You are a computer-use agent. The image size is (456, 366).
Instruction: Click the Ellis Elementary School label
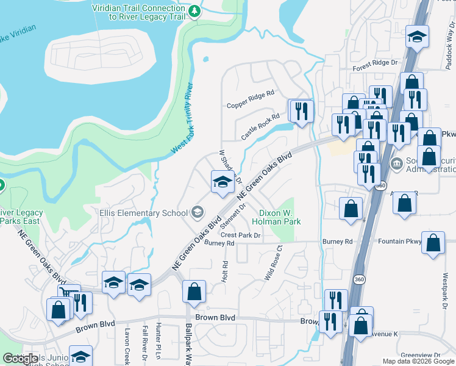(x=144, y=213)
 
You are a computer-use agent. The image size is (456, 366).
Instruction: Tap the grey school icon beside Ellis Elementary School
(x=197, y=212)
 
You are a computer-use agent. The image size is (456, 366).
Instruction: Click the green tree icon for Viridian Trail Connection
(x=194, y=11)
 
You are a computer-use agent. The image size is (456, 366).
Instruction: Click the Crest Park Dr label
(x=240, y=235)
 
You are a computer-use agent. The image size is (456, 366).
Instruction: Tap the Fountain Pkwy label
(x=399, y=242)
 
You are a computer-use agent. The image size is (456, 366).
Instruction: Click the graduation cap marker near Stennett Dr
(x=221, y=182)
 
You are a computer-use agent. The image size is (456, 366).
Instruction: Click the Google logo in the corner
(x=20, y=359)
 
